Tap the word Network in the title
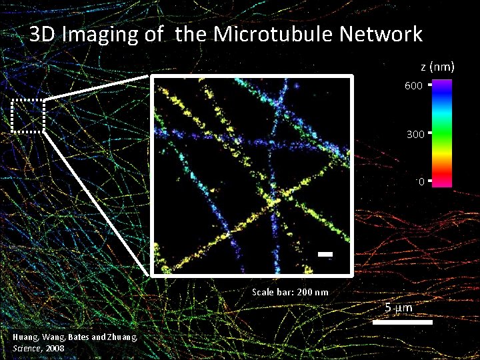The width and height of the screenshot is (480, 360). (382, 34)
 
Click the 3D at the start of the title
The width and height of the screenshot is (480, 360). (43, 34)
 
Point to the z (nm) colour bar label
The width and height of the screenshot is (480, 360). (437, 67)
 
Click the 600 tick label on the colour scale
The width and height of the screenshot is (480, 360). (413, 86)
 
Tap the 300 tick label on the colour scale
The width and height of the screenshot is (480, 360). (415, 134)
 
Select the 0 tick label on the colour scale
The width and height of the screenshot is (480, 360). (421, 181)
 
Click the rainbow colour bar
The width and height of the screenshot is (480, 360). (442, 133)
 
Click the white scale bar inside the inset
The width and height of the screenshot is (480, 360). (325, 254)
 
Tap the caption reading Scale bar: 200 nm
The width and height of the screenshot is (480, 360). (290, 292)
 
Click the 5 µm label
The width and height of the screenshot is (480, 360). (399, 308)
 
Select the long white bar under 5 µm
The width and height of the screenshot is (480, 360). (402, 323)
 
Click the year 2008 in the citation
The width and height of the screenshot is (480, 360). (55, 348)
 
